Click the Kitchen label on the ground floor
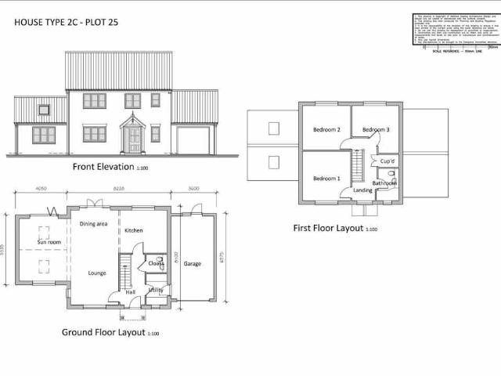click(x=133, y=231)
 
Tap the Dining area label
click(x=94, y=224)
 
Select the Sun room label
click(x=49, y=243)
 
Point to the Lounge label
click(x=97, y=273)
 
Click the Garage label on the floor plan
click(x=192, y=264)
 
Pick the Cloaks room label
click(x=156, y=264)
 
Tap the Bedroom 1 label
click(x=326, y=179)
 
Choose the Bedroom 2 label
click(x=326, y=129)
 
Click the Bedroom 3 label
click(x=376, y=129)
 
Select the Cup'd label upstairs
click(x=387, y=161)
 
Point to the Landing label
click(x=362, y=190)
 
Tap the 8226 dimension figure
click(x=119, y=189)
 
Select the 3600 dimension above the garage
click(x=194, y=189)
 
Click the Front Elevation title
click(x=103, y=167)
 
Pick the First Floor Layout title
click(x=329, y=229)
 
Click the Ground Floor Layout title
click(x=103, y=332)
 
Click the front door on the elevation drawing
click(x=134, y=139)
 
